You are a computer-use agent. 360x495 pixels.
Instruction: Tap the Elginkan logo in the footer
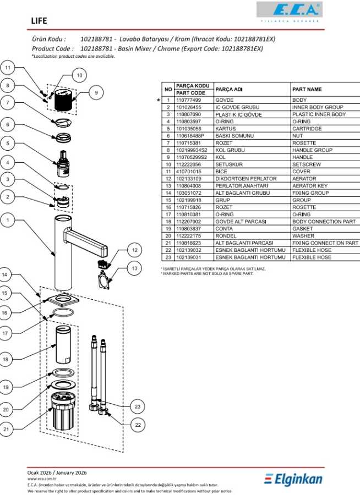pos(293,479)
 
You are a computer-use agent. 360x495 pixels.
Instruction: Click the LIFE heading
pos(39,21)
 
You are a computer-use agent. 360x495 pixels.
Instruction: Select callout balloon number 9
pos(96,93)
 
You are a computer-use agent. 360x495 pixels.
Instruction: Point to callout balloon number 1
pos(8,221)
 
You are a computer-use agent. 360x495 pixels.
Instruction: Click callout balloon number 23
pos(138,406)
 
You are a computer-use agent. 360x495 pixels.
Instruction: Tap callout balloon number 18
pos(8,359)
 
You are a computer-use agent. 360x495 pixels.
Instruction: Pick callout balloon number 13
pos(134,268)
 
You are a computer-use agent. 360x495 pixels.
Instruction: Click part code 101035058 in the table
pos(189,128)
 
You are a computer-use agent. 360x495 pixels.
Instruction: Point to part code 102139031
pos(189,257)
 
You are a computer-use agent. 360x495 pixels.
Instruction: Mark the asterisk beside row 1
pos(159,100)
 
